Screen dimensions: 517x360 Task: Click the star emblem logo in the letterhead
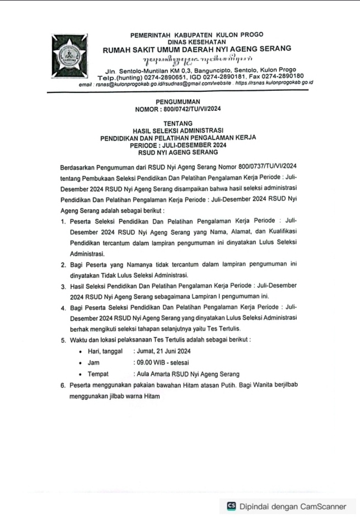(x=69, y=58)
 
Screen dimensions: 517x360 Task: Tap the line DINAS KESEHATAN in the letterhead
(x=197, y=42)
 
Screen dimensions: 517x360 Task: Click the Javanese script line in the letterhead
(x=197, y=60)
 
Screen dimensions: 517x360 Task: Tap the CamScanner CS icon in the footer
(x=231, y=506)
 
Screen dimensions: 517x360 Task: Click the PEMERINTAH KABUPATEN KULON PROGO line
(x=197, y=35)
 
